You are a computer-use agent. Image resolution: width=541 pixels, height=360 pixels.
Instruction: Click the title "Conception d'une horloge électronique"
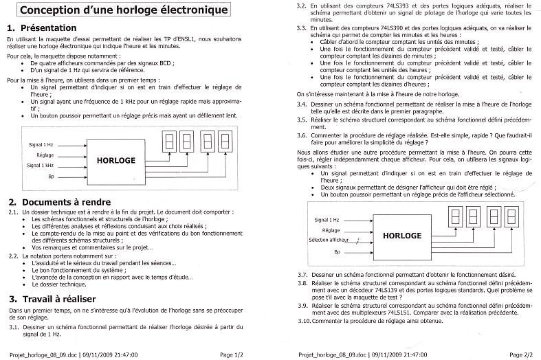[124, 12]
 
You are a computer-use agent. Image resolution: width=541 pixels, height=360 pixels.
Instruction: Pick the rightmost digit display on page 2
[511, 217]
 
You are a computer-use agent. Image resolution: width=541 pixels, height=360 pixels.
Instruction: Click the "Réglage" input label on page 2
[331, 229]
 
